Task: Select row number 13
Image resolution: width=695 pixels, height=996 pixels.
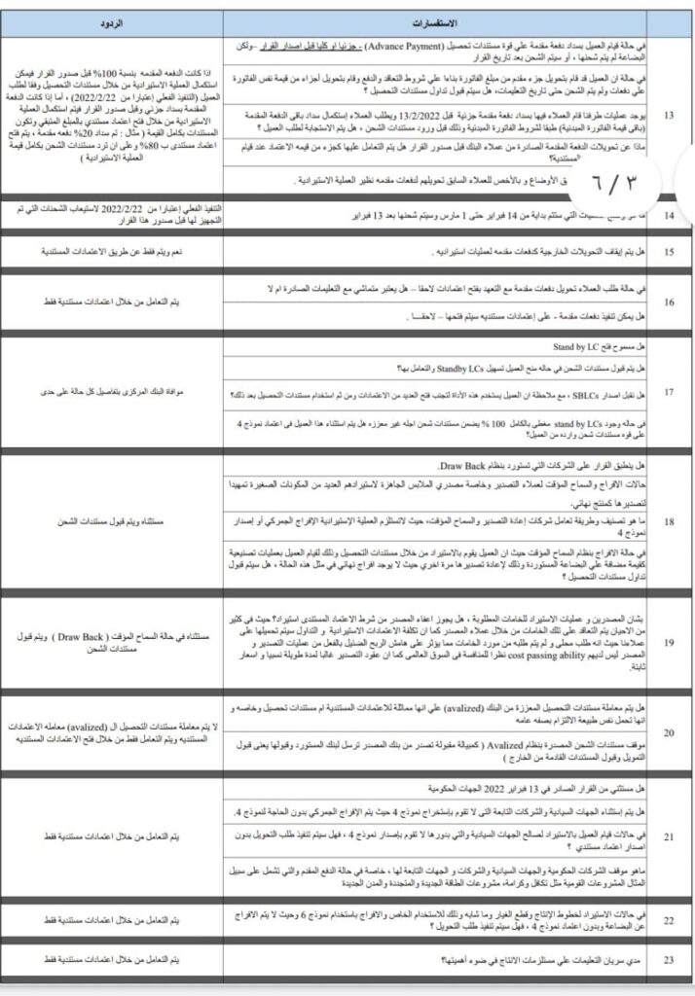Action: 668,116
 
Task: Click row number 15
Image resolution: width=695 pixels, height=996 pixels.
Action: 668,252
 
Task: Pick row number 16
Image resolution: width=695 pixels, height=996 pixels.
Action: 668,302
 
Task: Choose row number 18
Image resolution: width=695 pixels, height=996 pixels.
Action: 668,521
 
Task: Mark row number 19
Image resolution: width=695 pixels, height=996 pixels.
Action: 668,643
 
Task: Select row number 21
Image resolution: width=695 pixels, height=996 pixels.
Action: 668,836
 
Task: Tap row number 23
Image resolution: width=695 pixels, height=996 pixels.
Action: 668,960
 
